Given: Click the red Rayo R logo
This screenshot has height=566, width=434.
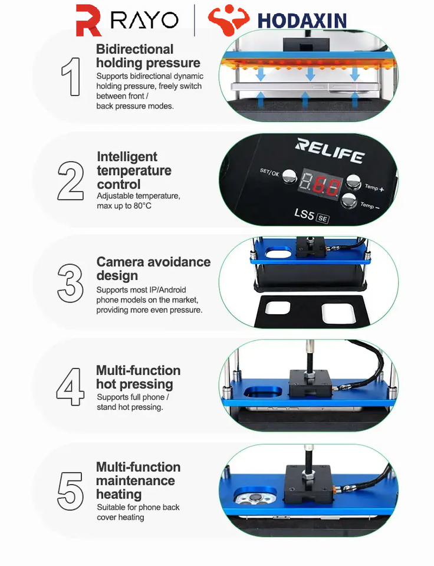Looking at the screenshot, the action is point(88,20).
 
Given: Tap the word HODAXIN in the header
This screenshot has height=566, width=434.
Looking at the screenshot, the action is point(302,21).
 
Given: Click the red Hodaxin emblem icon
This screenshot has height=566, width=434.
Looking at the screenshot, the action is point(229,19).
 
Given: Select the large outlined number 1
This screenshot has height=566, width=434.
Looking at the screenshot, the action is point(71,77).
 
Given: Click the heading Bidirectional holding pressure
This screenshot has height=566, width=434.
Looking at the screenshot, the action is point(148,56).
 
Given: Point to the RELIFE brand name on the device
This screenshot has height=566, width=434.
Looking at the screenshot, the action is point(330,150).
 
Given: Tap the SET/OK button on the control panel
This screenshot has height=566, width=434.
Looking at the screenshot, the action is point(289,176).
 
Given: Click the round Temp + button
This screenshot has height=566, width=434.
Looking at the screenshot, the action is point(353,182).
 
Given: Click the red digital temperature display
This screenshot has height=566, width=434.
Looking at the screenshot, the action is point(320,184).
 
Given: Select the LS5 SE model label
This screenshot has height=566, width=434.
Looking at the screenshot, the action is point(311,216).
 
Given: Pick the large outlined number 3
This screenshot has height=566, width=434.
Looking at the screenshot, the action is point(70,284).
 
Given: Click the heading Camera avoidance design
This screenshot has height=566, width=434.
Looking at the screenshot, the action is point(153,269).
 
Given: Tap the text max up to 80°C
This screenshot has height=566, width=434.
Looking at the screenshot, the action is point(124,206).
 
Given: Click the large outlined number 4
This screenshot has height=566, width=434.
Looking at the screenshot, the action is point(70,387).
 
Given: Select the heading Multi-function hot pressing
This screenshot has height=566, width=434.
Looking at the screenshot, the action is point(139,377).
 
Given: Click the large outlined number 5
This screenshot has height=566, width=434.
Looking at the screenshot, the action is point(70,491).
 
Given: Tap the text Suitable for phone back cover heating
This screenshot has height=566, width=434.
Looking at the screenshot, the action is point(139,512).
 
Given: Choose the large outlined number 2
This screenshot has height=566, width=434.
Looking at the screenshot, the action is point(71,180).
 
